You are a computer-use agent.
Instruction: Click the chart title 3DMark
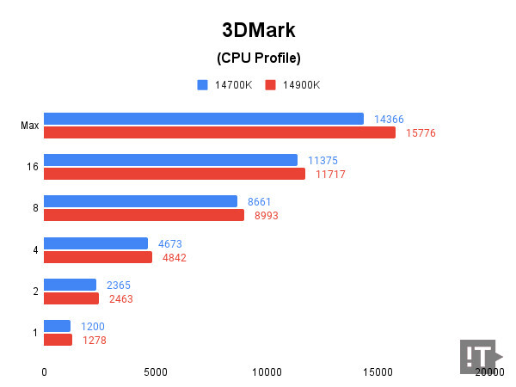pos(257,30)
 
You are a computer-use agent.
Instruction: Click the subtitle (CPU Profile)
pos(257,58)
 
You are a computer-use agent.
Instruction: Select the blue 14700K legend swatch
pos(203,84)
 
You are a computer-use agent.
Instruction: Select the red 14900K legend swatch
pos(270,84)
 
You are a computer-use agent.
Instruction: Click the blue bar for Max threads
pos(204,119)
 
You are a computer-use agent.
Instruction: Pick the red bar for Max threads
pos(219,132)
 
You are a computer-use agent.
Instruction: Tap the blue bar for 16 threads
pos(170,160)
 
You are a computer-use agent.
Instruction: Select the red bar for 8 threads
pos(144,215)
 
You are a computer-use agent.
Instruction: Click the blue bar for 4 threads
pos(95,243)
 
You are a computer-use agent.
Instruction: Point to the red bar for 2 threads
pos(71,298)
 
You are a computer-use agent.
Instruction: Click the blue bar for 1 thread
pos(57,326)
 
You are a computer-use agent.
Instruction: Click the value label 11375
pos(322,160)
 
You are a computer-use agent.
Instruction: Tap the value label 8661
pos(259,201)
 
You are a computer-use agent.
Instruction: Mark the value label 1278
pos(95,341)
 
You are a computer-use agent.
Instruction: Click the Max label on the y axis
pos(29,126)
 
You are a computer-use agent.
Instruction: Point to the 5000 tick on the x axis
pos(155,372)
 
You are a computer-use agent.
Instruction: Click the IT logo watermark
pos(479,355)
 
